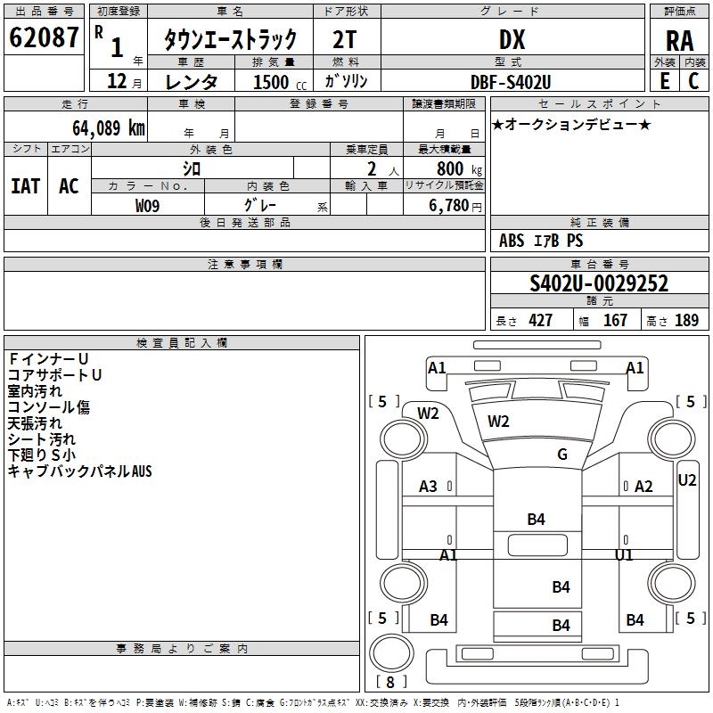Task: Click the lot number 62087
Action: [x=44, y=38]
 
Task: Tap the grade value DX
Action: [x=512, y=39]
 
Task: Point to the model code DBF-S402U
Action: [x=511, y=81]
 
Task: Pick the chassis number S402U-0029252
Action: [x=599, y=283]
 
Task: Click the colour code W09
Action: [x=148, y=206]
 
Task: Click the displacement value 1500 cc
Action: [x=272, y=82]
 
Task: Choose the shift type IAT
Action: [x=26, y=186]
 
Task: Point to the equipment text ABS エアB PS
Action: [x=541, y=241]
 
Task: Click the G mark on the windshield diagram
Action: [x=562, y=455]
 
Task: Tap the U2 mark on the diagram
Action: [x=687, y=480]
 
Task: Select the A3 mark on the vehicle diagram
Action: [x=429, y=486]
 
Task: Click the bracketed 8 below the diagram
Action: [x=390, y=683]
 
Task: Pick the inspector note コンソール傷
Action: [x=49, y=407]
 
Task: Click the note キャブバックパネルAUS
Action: [x=79, y=471]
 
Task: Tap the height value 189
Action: [x=686, y=321]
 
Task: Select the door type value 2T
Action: [x=347, y=39]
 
